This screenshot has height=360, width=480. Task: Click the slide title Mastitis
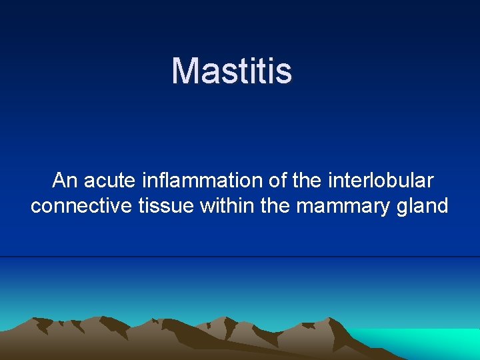(x=231, y=71)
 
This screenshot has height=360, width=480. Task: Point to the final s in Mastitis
(x=285, y=72)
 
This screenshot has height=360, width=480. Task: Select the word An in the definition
(x=65, y=181)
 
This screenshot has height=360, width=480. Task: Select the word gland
(x=424, y=207)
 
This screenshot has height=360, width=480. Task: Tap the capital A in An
(x=59, y=181)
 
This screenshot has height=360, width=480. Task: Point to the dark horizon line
(x=240, y=257)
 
